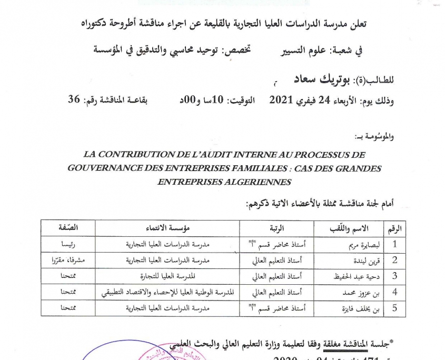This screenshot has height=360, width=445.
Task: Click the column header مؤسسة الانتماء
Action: (167, 228)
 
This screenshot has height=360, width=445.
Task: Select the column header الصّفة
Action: (69, 228)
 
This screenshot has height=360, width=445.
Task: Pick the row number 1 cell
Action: (395, 245)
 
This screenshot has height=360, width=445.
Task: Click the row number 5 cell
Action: (395, 308)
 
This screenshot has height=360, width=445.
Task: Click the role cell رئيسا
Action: (69, 245)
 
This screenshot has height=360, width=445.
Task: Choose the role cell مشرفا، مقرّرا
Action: (69, 261)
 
